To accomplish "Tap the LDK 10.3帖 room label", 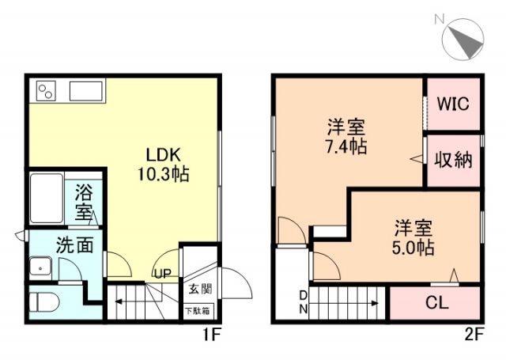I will tap(165, 163).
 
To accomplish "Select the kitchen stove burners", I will tap(45, 90).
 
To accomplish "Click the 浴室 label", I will tap(85, 203).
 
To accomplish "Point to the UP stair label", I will tap(162, 275).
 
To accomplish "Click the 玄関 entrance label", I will tap(200, 289).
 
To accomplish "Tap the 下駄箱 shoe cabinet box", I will tap(198, 310).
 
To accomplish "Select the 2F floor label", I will tap(473, 335).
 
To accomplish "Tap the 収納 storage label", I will tap(453, 160).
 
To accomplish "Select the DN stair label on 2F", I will tap(303, 301).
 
